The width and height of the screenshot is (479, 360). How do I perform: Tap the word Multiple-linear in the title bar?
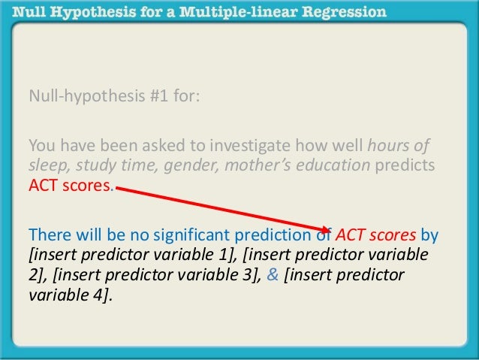240,12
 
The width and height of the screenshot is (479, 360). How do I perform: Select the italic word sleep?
44,166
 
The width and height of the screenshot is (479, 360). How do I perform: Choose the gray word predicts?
406,166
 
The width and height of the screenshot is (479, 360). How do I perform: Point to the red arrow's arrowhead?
327,228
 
